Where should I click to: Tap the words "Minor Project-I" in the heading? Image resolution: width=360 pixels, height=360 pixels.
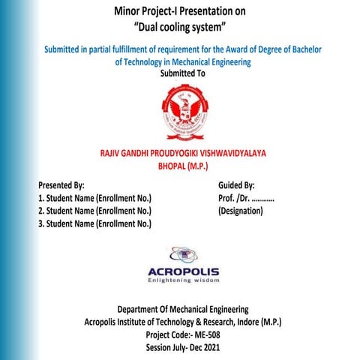[x=148, y=11]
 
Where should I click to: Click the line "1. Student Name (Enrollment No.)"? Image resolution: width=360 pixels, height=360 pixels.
[x=94, y=198]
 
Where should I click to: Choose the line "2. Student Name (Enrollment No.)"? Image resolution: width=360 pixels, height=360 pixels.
[x=94, y=211]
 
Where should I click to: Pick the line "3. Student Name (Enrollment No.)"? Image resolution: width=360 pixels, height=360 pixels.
[x=94, y=223]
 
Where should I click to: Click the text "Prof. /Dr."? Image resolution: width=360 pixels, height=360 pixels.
[x=232, y=198]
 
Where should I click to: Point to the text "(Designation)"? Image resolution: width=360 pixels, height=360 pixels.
[x=241, y=211]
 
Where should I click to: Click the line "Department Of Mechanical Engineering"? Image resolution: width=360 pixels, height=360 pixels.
[x=183, y=309]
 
